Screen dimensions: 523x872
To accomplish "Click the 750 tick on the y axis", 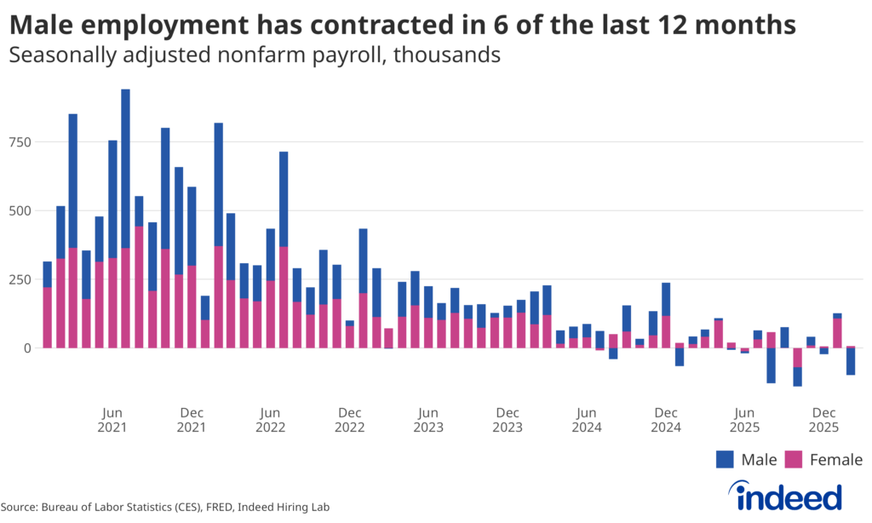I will tap(19, 141).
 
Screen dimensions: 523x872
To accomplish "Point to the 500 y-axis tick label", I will tap(19, 210).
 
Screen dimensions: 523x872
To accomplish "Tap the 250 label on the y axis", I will tap(19, 279).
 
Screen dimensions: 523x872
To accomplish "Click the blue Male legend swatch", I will tap(725, 460).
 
